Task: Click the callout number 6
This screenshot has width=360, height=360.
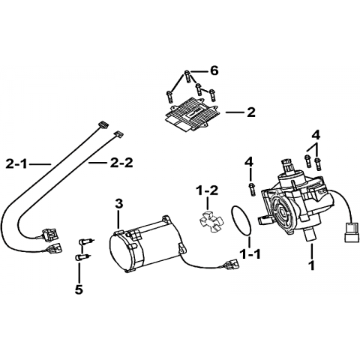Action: point(214,70)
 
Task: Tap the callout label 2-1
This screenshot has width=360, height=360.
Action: point(16,164)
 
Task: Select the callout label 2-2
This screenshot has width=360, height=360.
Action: point(121,163)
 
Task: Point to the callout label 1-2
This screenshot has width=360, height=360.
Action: point(207,190)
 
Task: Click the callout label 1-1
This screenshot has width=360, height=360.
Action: point(250,254)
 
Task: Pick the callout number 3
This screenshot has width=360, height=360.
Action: point(119,204)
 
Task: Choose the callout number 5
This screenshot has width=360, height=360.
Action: point(79,289)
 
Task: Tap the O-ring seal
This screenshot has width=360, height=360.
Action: point(241,220)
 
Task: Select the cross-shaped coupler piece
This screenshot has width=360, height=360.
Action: point(211,221)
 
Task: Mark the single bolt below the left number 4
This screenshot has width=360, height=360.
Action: point(252,189)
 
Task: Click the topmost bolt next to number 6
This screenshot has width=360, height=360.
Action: point(187,76)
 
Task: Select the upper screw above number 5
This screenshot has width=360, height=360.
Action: point(85,241)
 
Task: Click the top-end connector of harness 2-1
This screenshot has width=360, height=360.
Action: point(103,125)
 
